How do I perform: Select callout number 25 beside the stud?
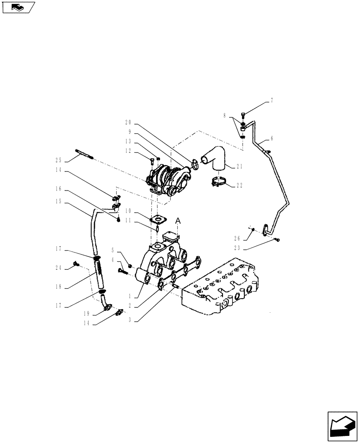tap(58, 160)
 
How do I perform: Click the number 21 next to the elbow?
tap(240, 167)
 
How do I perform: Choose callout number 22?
tap(239, 185)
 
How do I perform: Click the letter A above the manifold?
tap(178, 220)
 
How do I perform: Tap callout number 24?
tap(58, 267)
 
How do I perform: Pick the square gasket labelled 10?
tap(157, 219)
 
